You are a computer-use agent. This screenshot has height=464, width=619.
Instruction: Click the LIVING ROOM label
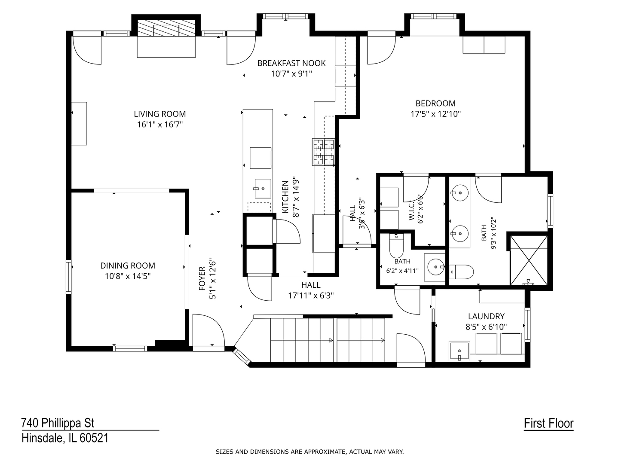click(159, 114)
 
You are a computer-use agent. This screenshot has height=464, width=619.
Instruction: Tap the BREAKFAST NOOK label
click(291, 63)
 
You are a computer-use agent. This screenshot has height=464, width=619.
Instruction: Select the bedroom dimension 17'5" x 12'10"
click(435, 114)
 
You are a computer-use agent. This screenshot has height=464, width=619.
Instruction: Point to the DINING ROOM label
click(128, 266)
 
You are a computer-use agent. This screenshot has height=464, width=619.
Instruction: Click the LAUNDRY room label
click(486, 316)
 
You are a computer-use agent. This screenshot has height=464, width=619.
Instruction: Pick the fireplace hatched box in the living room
click(166, 28)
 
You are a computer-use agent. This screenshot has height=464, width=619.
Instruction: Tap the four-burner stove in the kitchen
click(323, 152)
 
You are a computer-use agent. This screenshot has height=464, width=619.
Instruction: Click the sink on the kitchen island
click(263, 189)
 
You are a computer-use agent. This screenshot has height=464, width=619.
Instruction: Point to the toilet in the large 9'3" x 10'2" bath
click(461, 272)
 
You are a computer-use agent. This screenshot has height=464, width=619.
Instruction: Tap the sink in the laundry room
click(460, 351)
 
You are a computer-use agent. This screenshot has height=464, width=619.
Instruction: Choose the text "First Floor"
click(549, 423)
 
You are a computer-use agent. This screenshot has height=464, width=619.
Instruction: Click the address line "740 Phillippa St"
click(58, 423)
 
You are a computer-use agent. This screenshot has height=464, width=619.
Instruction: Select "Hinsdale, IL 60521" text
click(65, 438)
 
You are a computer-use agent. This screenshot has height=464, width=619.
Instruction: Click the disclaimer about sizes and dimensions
click(309, 452)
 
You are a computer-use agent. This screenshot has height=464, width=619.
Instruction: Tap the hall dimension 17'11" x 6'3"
click(311, 296)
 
